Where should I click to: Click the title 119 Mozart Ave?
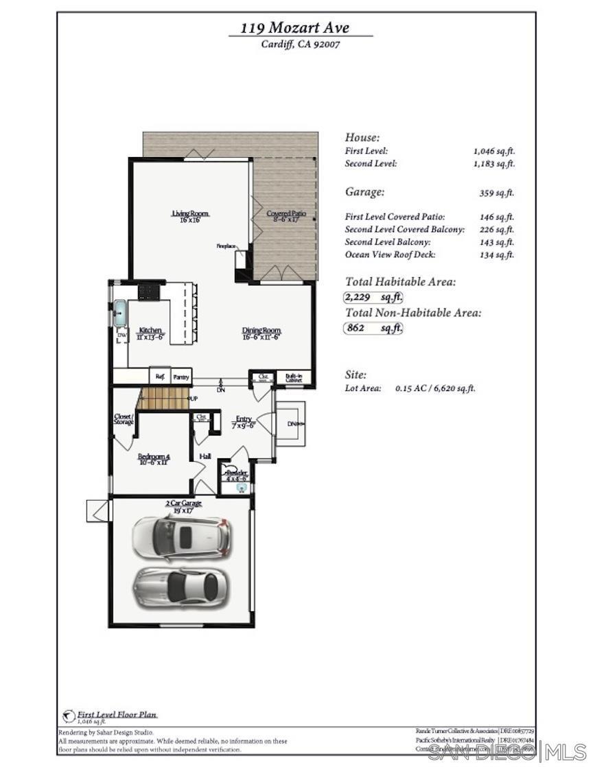(294, 28)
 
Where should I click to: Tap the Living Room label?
(189, 217)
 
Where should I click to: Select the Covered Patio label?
(286, 217)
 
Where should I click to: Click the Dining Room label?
(261, 333)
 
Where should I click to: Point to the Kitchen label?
(150, 333)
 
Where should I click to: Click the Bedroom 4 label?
(153, 459)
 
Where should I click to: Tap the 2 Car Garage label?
(183, 506)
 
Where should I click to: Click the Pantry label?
(181, 377)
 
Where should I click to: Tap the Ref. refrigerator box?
(160, 377)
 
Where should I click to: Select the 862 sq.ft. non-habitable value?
(373, 328)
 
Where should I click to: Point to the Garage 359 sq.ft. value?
(496, 193)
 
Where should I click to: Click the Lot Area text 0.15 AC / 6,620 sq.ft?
(435, 388)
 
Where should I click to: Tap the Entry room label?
(244, 422)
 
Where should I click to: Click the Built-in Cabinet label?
(294, 377)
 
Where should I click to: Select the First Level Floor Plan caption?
(117, 714)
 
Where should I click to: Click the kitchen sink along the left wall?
(119, 312)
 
